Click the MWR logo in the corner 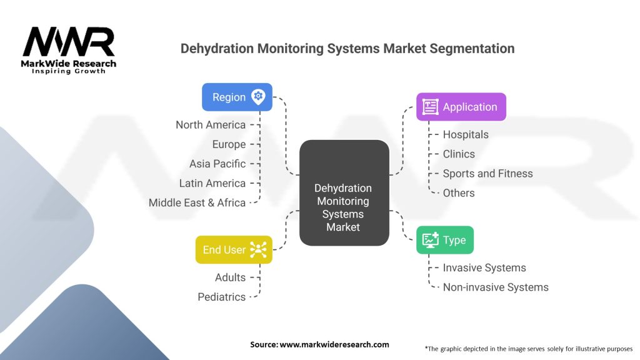tap(69, 49)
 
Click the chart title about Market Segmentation tap(347, 48)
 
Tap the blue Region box tap(237, 97)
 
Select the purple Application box tap(461, 107)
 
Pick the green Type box tap(445, 240)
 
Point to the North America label tap(211, 124)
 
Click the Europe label tap(229, 144)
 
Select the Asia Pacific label tap(217, 164)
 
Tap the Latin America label tap(212, 183)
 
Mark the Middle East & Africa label tap(197, 202)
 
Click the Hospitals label tap(466, 134)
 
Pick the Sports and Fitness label tap(487, 173)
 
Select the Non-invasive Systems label tap(496, 287)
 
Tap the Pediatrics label tap(222, 296)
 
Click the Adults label tap(230, 277)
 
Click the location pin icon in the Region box tap(258, 97)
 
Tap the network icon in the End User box tap(258, 249)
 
